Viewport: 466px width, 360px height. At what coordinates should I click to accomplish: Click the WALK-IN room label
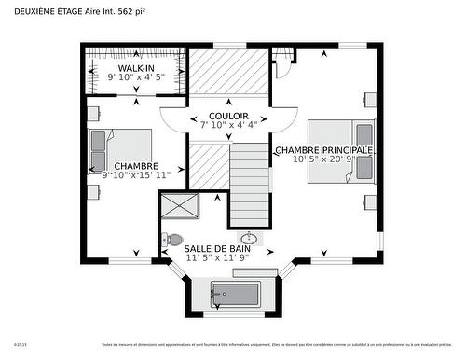click(x=136, y=69)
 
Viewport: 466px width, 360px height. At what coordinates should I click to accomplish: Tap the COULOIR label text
click(x=222, y=115)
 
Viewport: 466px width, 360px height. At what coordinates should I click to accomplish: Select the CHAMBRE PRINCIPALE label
click(x=323, y=149)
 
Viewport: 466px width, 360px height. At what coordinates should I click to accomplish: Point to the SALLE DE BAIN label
click(x=215, y=249)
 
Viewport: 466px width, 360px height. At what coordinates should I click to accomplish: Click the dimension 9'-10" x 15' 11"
click(x=136, y=174)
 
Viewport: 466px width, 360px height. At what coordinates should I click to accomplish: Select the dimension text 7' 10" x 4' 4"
click(x=222, y=124)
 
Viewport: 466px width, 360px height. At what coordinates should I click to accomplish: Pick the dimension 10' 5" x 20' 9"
click(x=324, y=159)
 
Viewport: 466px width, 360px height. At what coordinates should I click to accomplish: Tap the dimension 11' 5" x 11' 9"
click(x=215, y=258)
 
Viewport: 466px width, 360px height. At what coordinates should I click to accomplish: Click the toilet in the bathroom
click(x=172, y=240)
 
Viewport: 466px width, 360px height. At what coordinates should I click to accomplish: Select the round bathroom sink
click(x=249, y=238)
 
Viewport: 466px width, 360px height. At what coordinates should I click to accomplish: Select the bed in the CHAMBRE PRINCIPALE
click(x=340, y=151)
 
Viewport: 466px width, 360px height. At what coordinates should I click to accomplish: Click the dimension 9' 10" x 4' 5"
click(x=136, y=78)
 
